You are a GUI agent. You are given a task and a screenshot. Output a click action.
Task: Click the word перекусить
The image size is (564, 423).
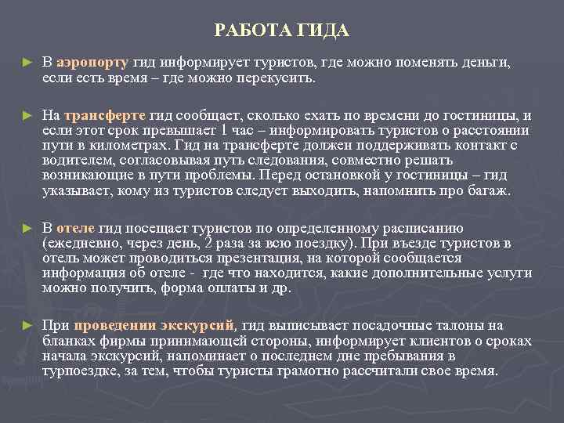click(x=279, y=78)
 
